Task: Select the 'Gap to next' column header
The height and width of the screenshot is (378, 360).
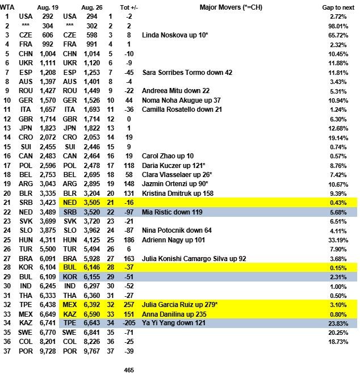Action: point(339,7)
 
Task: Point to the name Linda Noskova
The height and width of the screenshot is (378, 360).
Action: point(165,35)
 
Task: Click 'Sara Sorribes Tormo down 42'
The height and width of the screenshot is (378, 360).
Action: point(188,73)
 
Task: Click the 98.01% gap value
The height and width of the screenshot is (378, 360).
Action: point(342,26)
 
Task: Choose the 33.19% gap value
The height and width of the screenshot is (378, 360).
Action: point(342,240)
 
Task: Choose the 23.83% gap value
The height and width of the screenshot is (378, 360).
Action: point(342,323)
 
